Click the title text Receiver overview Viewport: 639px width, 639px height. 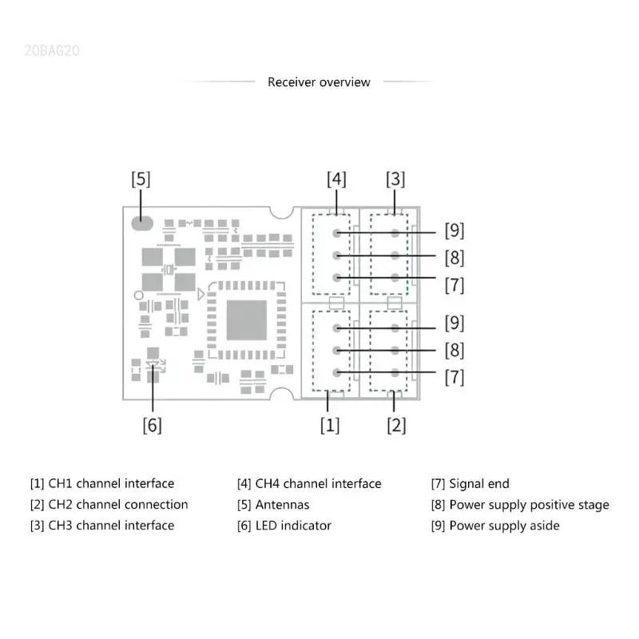point(319,82)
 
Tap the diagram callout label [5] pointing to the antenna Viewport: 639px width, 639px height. point(141,179)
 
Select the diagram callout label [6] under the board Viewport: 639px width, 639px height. point(152,426)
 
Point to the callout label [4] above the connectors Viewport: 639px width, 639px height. point(336,179)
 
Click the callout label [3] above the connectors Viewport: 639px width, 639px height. point(395,179)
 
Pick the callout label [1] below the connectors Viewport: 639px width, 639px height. point(330,426)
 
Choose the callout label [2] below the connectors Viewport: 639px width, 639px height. point(396,426)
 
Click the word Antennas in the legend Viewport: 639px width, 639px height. point(282,505)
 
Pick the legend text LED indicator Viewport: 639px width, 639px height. point(293,526)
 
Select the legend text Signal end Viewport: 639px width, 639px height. point(478,483)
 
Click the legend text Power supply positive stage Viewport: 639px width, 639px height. point(529,505)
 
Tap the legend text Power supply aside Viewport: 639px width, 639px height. point(504,526)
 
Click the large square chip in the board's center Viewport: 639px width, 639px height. point(246,319)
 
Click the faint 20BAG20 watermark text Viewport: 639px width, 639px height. point(52,51)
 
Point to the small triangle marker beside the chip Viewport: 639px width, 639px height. point(200,296)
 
